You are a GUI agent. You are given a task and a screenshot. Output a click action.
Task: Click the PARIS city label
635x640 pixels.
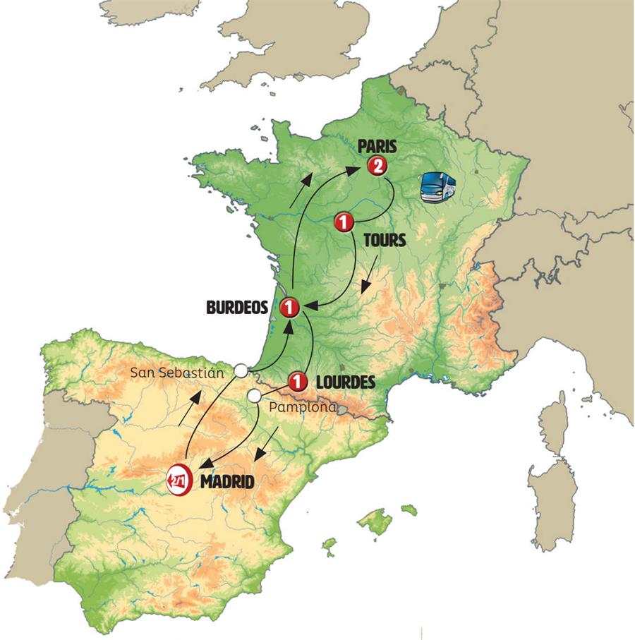[x=377, y=147]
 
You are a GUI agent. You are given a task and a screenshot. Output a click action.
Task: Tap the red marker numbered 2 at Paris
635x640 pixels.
[x=377, y=167]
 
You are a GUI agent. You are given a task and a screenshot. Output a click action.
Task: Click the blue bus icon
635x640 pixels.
[x=437, y=188]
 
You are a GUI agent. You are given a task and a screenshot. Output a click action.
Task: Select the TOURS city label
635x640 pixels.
[x=385, y=240]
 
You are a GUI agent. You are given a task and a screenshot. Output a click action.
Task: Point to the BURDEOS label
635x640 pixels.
[x=238, y=308]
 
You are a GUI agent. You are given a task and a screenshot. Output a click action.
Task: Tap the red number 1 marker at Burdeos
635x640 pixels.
[x=289, y=308]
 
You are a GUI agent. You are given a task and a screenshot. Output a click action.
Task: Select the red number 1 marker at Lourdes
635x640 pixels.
[x=297, y=382]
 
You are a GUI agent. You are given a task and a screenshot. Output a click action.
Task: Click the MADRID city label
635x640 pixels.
[x=226, y=482]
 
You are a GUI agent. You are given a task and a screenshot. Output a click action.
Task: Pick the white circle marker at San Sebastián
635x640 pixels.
[x=241, y=370]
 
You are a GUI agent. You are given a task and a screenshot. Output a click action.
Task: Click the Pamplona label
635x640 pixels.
[x=302, y=408]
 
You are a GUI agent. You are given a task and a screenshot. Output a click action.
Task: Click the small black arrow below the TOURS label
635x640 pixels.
[x=368, y=277]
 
